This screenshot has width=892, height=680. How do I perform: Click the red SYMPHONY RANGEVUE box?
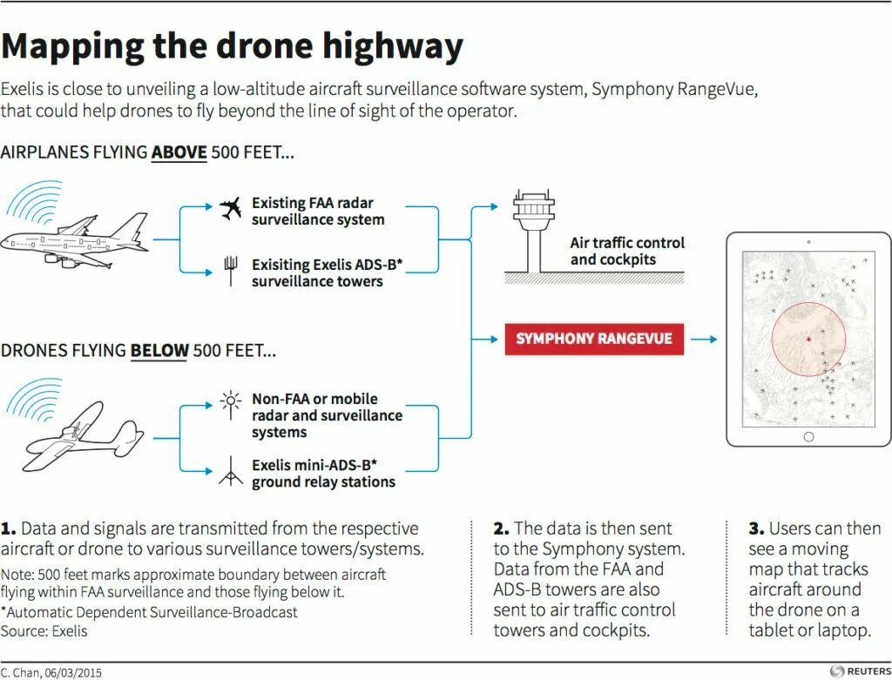(594, 339)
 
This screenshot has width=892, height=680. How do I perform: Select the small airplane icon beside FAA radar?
(230, 208)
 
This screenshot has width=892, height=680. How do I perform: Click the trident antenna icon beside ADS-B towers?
(231, 270)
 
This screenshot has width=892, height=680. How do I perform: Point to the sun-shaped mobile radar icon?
(231, 401)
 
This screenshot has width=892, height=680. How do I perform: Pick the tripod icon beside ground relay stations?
(230, 471)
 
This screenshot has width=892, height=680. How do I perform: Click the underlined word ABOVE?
(179, 153)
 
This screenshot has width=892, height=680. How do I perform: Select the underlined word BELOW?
(159, 351)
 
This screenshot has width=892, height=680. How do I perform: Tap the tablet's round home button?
(808, 437)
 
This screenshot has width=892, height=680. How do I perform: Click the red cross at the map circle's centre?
(808, 339)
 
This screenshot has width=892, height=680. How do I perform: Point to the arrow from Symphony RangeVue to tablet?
(704, 339)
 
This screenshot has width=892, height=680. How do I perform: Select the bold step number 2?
(501, 529)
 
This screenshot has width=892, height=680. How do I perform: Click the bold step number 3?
(755, 529)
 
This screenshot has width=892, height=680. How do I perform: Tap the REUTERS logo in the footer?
(859, 670)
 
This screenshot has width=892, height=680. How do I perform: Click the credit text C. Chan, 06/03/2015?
(46, 671)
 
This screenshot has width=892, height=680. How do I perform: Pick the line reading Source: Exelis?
(44, 630)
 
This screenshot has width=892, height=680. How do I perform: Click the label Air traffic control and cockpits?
(627, 251)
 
